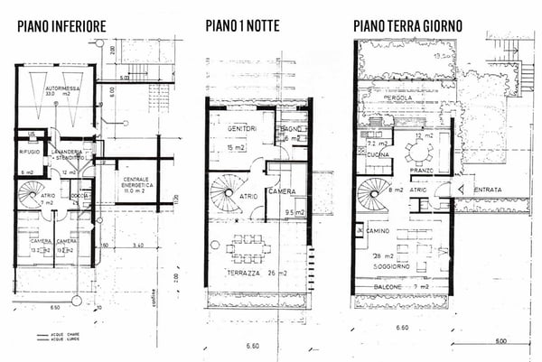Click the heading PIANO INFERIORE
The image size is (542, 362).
pyautogui.click(x=61, y=27)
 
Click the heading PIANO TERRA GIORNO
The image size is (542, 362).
pyautogui.click(x=407, y=27)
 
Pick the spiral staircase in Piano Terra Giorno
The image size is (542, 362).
pyautogui.click(x=373, y=193)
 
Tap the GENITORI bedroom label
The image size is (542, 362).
pyautogui.click(x=237, y=130)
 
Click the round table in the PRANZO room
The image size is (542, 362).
pyautogui.click(x=418, y=151)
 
